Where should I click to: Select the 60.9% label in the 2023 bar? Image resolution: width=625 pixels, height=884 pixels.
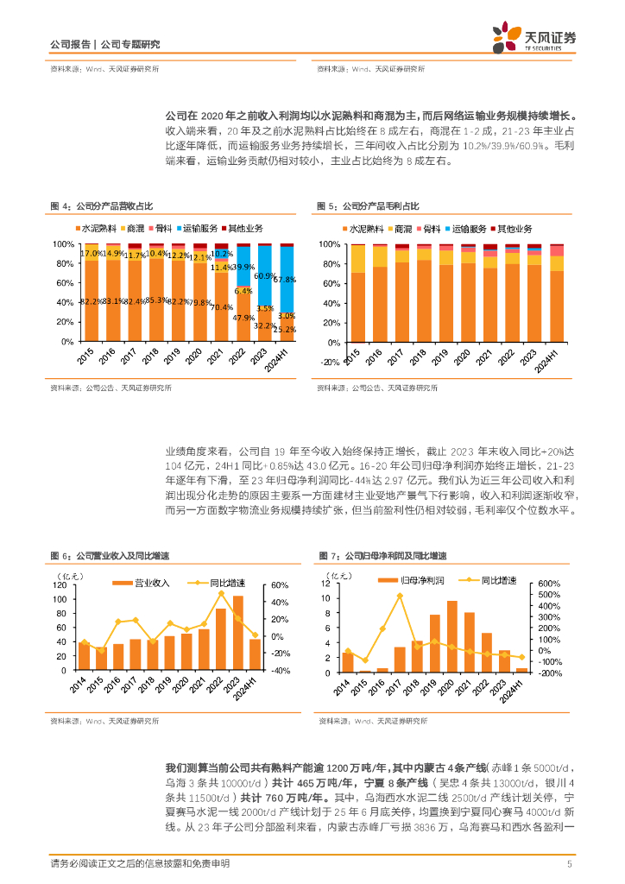(265, 276)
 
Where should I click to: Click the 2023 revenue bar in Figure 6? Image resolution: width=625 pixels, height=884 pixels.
(237, 633)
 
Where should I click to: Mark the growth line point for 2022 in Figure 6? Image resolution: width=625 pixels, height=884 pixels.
(221, 594)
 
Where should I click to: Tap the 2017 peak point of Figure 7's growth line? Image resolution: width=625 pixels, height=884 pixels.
(400, 596)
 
